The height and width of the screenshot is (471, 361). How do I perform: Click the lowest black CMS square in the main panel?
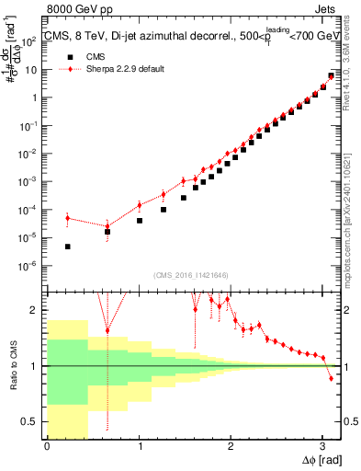68,247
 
